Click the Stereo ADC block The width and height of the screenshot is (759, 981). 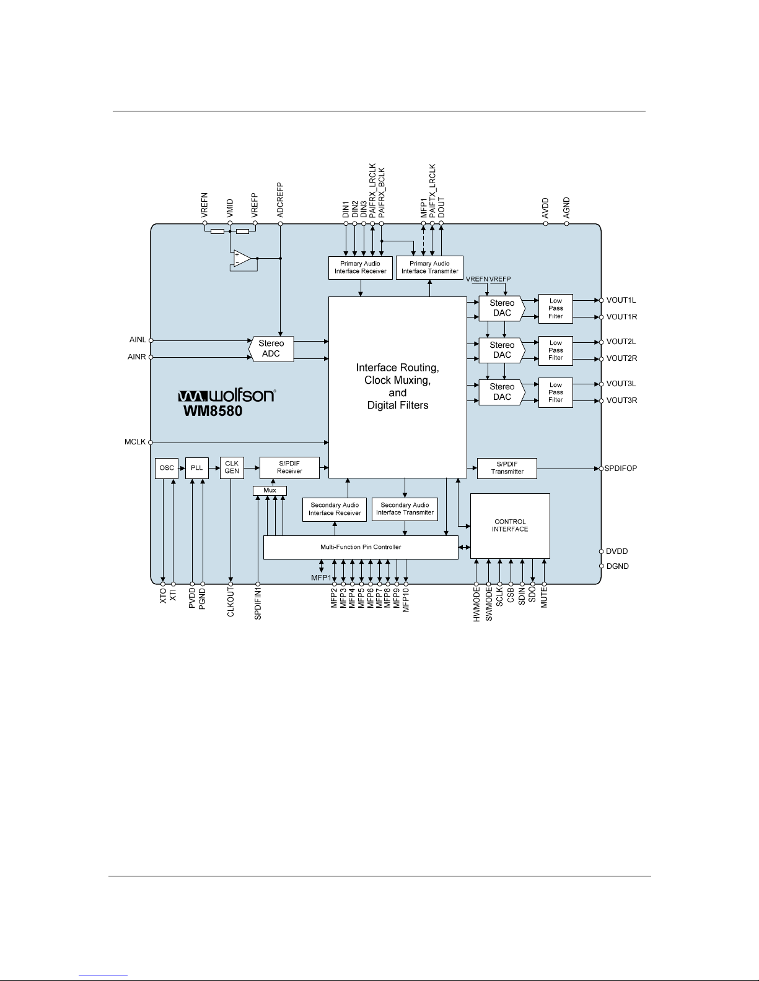pos(271,349)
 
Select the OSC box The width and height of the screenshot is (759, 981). pos(167,468)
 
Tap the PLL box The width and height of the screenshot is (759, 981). pos(197,468)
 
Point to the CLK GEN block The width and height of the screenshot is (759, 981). pos(232,468)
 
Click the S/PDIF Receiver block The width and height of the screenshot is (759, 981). pos(289,468)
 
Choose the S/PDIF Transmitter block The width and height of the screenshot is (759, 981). pos(507,468)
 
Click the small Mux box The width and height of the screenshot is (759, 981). pos(270,491)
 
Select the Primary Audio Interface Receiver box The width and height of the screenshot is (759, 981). pos(361,268)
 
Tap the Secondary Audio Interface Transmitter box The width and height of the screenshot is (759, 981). pos(405,509)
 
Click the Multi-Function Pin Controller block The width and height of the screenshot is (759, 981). pos(361,547)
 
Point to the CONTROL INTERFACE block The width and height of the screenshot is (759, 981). pos(510,526)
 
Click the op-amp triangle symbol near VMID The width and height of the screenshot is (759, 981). pos(242,259)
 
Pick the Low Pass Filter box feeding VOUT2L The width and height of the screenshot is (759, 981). pos(556,351)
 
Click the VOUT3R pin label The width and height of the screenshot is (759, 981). pos(621,400)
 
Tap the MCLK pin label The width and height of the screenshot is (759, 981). pos(135,442)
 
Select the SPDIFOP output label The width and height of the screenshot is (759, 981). pos(621,469)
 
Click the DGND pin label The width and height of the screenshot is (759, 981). pos(618,566)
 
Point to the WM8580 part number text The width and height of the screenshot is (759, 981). pos(213,411)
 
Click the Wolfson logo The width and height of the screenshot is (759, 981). pos(227,395)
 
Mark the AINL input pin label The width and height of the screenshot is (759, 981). pos(138,340)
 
